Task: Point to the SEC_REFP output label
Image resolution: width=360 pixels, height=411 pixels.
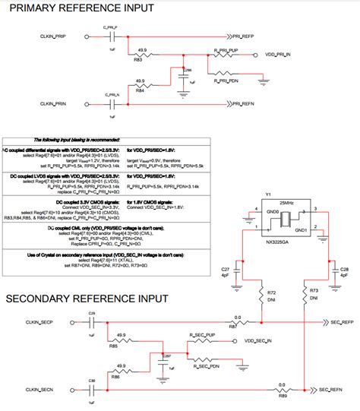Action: tap(337, 321)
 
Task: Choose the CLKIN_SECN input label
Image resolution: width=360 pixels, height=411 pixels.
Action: tap(36, 390)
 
